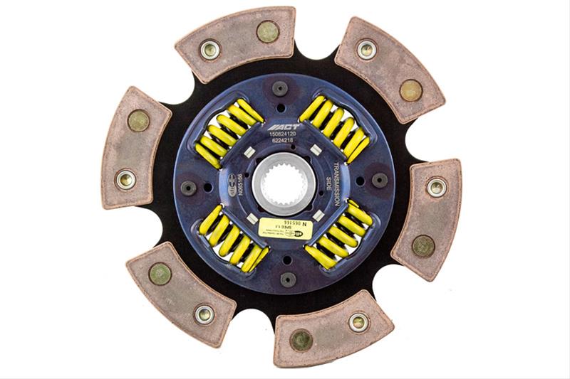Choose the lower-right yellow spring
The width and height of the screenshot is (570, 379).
tap(338, 235)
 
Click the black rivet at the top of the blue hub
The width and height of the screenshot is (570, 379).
tap(280, 88)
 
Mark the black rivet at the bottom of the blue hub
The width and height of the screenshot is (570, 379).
tap(288, 279)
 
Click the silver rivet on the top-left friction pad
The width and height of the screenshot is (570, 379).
tap(209, 50)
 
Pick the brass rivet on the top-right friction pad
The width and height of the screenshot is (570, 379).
tap(410, 90)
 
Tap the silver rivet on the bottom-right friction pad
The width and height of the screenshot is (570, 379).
tap(358, 322)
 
